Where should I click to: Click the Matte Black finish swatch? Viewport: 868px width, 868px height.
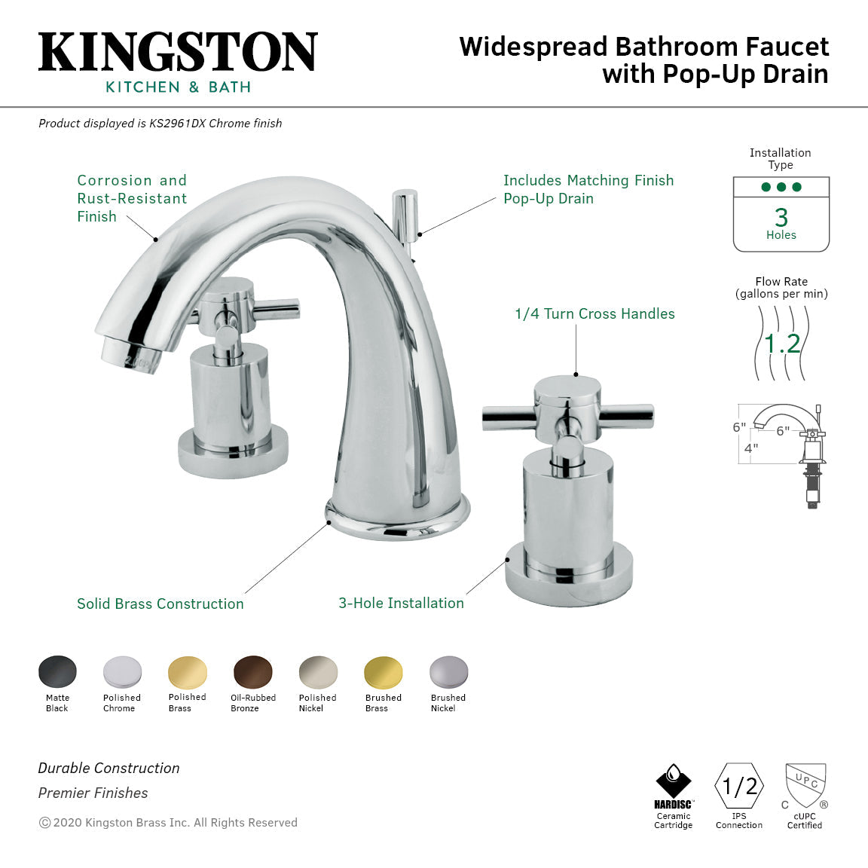click(57, 672)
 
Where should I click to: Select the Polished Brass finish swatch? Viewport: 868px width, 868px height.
click(188, 672)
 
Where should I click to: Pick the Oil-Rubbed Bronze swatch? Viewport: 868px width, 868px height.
click(253, 672)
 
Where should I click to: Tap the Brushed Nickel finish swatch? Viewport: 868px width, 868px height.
click(449, 672)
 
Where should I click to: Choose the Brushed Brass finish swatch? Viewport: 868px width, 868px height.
click(384, 672)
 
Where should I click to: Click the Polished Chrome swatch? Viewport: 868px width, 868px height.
click(122, 672)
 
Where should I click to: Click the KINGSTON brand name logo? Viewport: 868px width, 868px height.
click(178, 53)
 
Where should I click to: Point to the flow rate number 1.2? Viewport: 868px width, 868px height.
click(781, 344)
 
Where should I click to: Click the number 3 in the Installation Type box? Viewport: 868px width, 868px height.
click(781, 218)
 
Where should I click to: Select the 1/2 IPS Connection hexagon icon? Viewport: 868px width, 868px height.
click(739, 787)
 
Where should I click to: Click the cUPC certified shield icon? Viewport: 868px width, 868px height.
click(805, 785)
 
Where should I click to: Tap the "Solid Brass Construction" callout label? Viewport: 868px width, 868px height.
click(160, 604)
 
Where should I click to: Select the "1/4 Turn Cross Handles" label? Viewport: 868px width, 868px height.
click(594, 314)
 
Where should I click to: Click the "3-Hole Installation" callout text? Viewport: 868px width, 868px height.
click(401, 603)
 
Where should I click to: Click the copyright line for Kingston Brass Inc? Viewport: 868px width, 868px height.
click(168, 823)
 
